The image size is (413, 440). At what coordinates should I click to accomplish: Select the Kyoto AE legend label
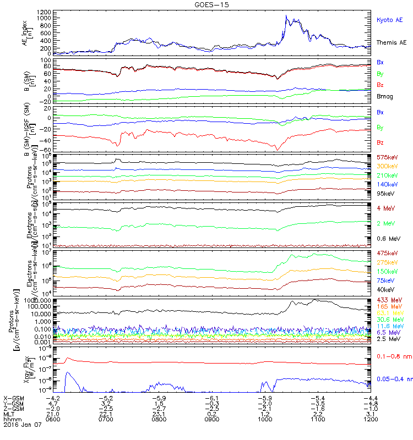tap(389, 20)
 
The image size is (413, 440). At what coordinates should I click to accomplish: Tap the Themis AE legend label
tap(391, 42)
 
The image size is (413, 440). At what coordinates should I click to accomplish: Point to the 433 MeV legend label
tap(387, 300)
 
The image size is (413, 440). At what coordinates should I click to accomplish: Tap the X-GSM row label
tap(13, 397)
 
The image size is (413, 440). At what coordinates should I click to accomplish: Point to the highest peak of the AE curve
tap(286, 16)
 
